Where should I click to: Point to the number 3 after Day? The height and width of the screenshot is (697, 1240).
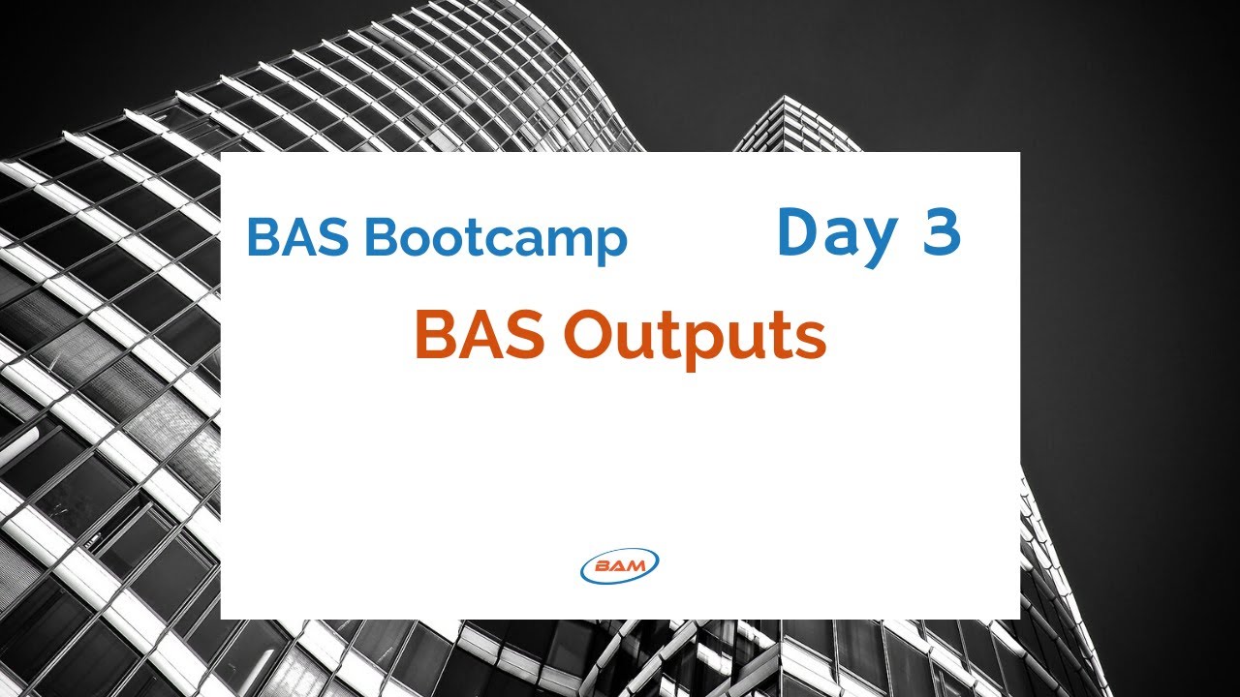tap(941, 232)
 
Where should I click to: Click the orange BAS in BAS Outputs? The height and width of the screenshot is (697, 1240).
tap(480, 336)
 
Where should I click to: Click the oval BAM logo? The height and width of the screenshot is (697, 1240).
tap(620, 565)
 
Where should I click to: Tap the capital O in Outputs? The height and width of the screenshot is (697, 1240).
tap(590, 336)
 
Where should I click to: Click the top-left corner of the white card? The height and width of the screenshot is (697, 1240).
tap(222, 153)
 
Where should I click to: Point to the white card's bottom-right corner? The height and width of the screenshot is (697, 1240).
tap(1019, 618)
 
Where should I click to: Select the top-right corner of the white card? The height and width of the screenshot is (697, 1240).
tap(1019, 153)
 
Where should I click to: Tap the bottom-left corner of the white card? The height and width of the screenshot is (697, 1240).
tap(222, 618)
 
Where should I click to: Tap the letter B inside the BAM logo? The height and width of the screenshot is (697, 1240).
tap(602, 566)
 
